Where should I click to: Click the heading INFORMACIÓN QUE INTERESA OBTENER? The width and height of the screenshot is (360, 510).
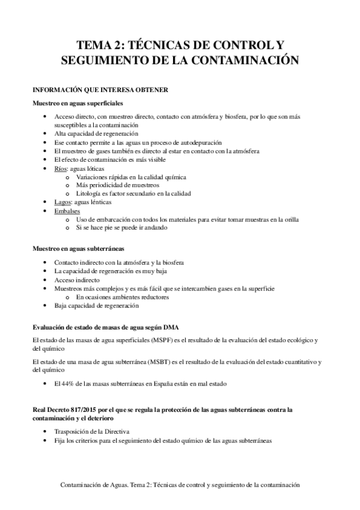pyautogui.click(x=103, y=90)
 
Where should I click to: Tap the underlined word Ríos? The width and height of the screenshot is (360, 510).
pyautogui.click(x=60, y=170)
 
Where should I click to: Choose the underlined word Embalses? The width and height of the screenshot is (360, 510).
pyautogui.click(x=66, y=211)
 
